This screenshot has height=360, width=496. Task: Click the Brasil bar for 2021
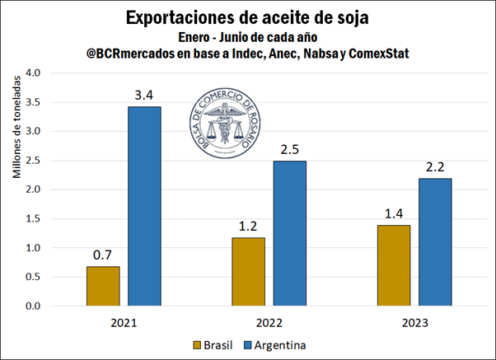coord(102,286)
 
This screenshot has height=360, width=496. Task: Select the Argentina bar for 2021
coord(144,206)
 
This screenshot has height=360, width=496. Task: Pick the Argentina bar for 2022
coord(289,233)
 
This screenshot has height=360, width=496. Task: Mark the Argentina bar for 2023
coord(434,242)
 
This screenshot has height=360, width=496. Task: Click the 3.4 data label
coord(144,96)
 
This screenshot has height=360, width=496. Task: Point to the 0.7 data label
coord(102,255)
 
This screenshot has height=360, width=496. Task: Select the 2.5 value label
coord(289,149)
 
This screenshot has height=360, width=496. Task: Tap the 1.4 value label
coord(393,213)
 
